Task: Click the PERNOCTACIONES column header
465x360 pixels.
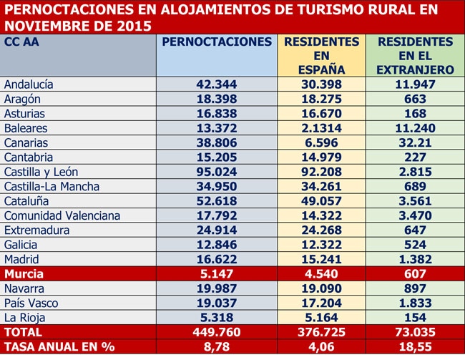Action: pos(217,42)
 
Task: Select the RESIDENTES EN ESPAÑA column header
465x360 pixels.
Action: pos(321,56)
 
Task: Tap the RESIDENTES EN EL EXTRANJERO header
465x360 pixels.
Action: pos(415,56)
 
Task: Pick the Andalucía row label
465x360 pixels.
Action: pos(29,84)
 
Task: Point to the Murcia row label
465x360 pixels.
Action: pos(24,273)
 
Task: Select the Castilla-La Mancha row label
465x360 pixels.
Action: pos(52,186)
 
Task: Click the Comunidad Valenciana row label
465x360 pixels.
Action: pos(62,215)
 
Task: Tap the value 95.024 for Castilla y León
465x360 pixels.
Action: pos(217,172)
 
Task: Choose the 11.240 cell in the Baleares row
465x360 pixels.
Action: pos(415,128)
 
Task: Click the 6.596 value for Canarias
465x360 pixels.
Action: pos(321,142)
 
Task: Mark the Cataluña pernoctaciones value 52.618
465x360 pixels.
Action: pos(217,201)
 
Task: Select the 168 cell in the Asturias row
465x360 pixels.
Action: pos(415,114)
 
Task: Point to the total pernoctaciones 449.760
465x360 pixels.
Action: pos(217,332)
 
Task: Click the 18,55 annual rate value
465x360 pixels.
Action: pos(415,346)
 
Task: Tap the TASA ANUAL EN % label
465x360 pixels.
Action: pos(59,346)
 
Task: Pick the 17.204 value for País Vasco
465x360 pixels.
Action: pos(321,303)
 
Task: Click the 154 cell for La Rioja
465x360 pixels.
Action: pos(415,318)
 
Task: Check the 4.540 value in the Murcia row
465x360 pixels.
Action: pos(321,273)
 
